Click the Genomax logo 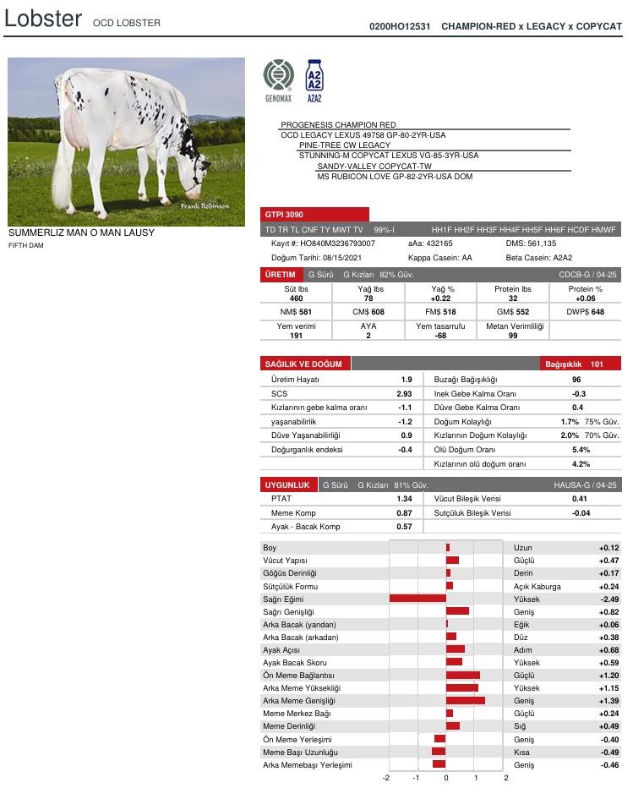pos(278,77)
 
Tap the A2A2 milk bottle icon pos(314,77)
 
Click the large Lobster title pos(43,19)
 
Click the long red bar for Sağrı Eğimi pos(417,599)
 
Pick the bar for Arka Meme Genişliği pos(465,701)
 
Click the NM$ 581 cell pos(295,312)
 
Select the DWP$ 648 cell pos(585,312)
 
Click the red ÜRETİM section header pos(281,275)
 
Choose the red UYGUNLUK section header pos(288,485)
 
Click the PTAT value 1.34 pos(404,499)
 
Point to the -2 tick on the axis pos(387,778)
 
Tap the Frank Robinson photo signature pos(205,206)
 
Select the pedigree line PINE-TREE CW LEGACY pos(345,145)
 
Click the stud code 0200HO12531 pos(400,27)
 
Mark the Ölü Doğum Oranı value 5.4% pos(581,450)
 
